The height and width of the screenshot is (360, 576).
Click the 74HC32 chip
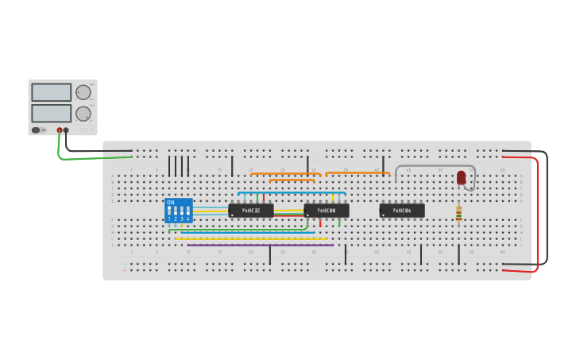251,211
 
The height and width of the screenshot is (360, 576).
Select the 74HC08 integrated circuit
327,211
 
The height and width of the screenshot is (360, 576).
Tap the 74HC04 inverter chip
402,211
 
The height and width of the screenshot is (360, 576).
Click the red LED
461,177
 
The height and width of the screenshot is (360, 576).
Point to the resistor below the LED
458,213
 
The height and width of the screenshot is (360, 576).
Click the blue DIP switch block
179,211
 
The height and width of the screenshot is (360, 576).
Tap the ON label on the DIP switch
170,203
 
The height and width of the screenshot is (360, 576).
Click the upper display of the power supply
51,92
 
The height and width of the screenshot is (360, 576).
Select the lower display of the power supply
51,113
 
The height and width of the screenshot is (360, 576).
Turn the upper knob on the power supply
83,92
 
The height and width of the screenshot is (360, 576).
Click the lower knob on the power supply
83,114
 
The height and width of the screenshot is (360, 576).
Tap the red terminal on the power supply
59,130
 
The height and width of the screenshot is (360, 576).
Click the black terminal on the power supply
66,130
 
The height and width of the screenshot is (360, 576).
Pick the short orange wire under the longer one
292,180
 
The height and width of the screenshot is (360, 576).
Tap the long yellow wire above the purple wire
250,238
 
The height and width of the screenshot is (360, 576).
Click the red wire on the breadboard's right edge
537,215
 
